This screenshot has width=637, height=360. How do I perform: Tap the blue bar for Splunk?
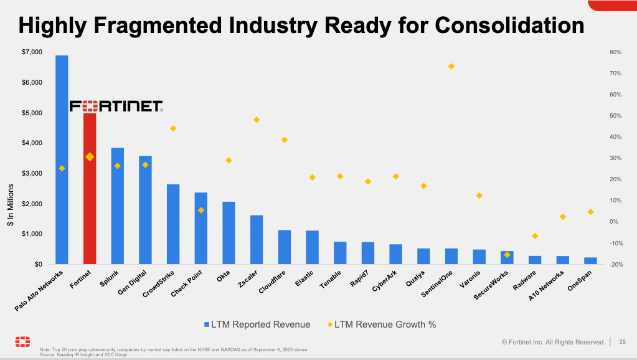click(117, 206)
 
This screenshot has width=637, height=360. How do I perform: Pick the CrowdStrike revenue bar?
click(173, 224)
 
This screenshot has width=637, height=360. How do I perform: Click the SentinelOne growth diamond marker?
click(451, 66)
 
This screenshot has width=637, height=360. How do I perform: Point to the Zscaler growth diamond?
click(256, 120)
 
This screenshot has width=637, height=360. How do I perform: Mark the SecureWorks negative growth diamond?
click(507, 254)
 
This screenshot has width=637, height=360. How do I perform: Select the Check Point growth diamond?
click(201, 210)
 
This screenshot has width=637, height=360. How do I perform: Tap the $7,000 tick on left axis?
click(32, 52)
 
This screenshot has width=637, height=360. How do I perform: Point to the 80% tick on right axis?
click(615, 52)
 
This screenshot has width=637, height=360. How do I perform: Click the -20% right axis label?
click(613, 265)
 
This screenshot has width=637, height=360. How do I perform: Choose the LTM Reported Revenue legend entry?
click(257, 324)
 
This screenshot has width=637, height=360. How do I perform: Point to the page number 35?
click(622, 341)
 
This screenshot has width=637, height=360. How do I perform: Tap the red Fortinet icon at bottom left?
click(22, 342)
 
